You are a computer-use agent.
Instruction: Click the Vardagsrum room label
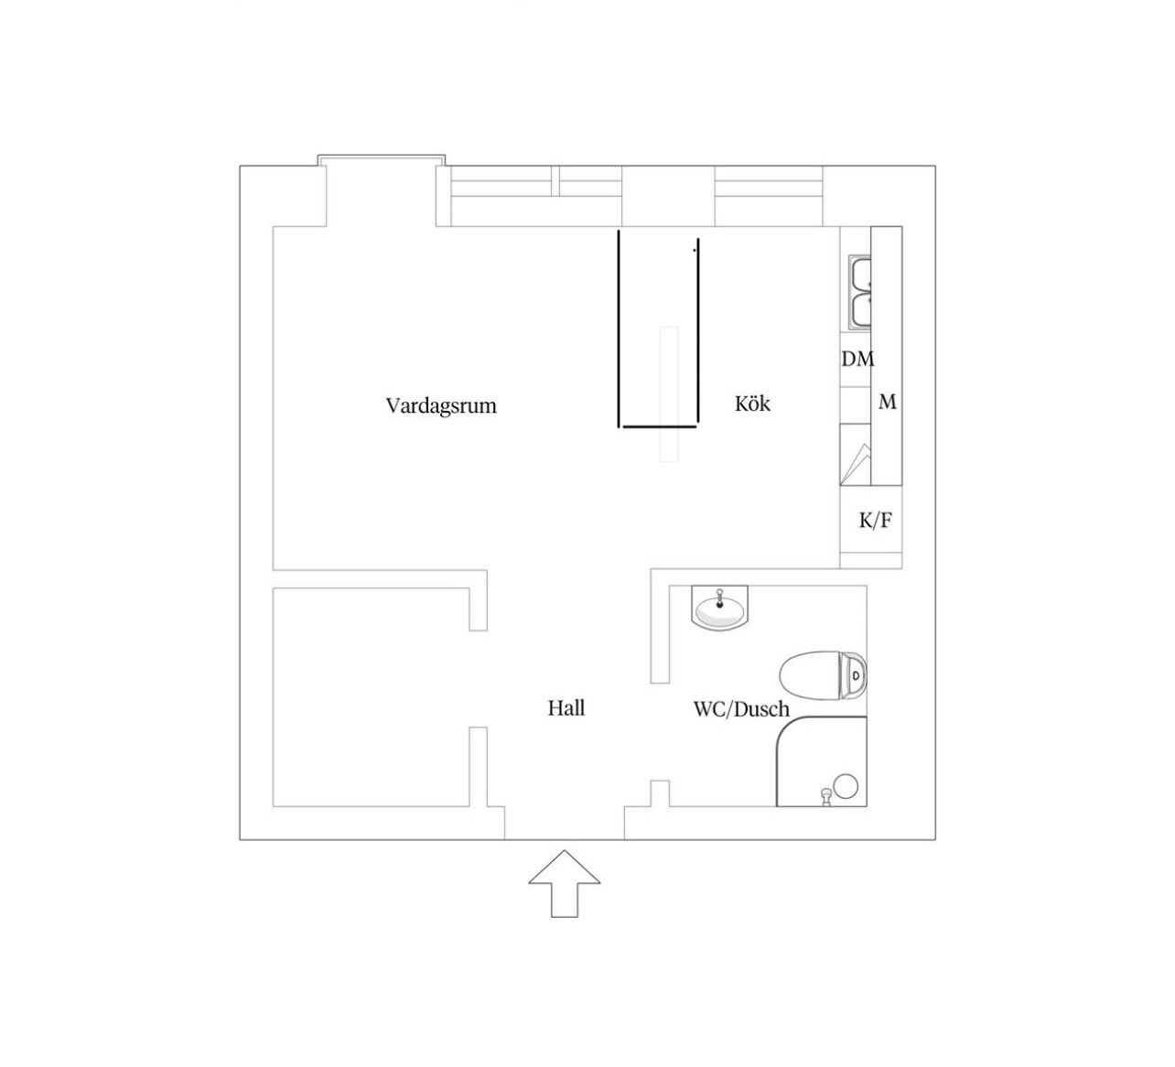[x=440, y=405]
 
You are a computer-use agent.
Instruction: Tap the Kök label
[x=753, y=404]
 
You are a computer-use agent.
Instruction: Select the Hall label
[x=566, y=707]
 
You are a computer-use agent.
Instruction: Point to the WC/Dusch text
[x=741, y=709]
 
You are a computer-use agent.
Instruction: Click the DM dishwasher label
[x=857, y=359]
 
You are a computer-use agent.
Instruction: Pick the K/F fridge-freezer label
[x=875, y=520]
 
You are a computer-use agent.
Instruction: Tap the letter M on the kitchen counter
[x=888, y=402]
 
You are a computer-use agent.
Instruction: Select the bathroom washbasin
[x=720, y=608]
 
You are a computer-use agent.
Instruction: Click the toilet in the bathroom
[x=823, y=675]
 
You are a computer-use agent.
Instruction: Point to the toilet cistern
[x=854, y=675]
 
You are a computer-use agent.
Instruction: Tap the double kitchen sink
[x=859, y=293]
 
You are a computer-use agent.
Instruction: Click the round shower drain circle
[x=846, y=786]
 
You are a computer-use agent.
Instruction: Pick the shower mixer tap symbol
[x=826, y=797]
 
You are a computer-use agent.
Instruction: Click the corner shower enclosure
[x=821, y=761]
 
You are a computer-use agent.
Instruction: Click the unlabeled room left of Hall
[x=372, y=697]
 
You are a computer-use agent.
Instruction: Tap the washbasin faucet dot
[x=720, y=604]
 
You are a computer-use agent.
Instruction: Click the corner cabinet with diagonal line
[x=856, y=455]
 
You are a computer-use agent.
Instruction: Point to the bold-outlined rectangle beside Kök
[x=658, y=329]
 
